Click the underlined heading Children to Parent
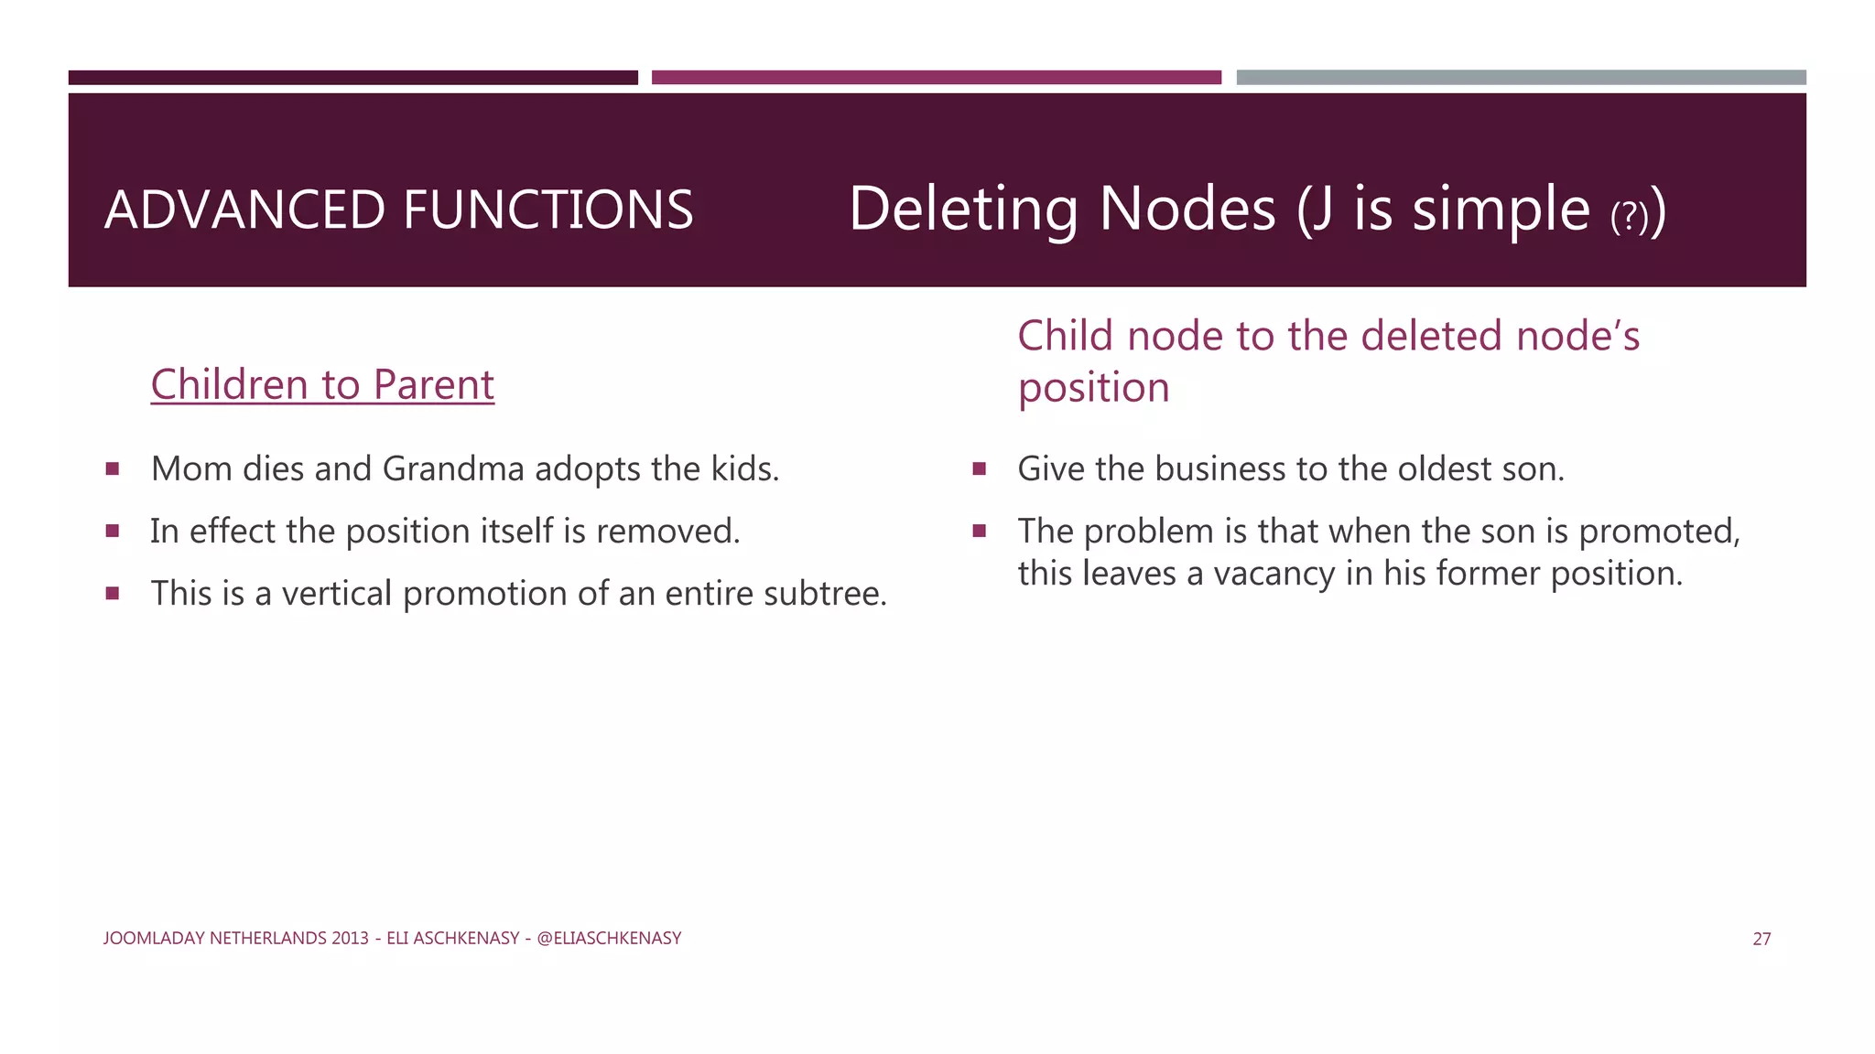322,384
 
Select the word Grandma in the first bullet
453,469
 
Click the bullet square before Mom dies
113,469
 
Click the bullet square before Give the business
979,469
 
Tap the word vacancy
1273,574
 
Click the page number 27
1761,939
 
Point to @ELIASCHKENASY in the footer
609,939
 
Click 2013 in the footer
350,939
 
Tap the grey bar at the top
1521,78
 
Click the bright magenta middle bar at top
936,78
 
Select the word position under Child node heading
1093,389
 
